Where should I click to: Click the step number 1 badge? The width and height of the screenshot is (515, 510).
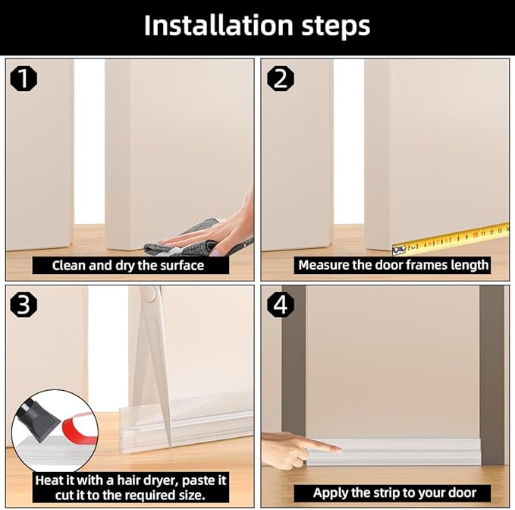pyautogui.click(x=25, y=77)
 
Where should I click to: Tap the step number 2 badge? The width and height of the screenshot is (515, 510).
pyautogui.click(x=281, y=77)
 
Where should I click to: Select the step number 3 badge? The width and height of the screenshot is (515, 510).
pyautogui.click(x=25, y=304)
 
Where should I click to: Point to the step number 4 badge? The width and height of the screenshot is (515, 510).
pyautogui.click(x=281, y=304)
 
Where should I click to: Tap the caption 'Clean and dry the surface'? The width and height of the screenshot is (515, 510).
pyautogui.click(x=128, y=266)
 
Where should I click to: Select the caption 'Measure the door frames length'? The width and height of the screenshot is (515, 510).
pyautogui.click(x=393, y=266)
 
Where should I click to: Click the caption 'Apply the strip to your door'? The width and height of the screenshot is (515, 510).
pyautogui.click(x=394, y=493)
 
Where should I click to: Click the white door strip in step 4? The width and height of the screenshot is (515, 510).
pyautogui.click(x=402, y=452)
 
